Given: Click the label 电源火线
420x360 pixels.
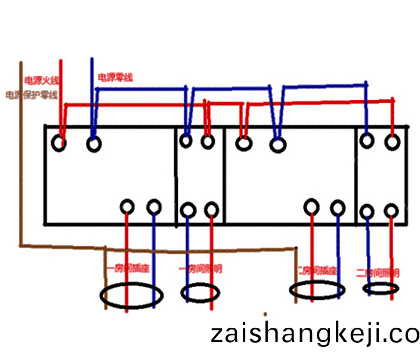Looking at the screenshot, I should [x=41, y=79].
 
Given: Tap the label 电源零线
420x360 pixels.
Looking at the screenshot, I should [x=115, y=78].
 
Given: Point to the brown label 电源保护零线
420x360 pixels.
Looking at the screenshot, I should [x=31, y=95].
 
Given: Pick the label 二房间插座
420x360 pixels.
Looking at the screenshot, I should [x=317, y=270].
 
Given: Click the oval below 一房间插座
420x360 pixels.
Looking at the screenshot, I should [x=131, y=296].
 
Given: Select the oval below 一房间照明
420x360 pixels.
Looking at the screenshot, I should [x=200, y=293].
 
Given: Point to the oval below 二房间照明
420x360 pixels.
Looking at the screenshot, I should [x=380, y=289].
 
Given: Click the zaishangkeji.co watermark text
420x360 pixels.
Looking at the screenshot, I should [x=314, y=334].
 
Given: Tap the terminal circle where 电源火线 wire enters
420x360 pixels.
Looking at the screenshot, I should [x=59, y=143].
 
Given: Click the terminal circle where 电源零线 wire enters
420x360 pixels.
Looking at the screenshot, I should [x=94, y=144].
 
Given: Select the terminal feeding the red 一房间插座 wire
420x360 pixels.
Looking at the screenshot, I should [x=127, y=207].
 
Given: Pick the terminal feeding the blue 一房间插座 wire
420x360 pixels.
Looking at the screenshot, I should [x=154, y=207].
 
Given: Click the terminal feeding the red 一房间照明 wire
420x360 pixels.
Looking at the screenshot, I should [x=211, y=210].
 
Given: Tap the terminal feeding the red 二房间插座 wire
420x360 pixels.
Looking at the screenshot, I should [x=311, y=207].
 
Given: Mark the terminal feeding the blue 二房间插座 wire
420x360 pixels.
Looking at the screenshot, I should [x=338, y=208].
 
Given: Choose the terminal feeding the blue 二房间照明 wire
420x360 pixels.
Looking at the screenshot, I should [x=367, y=211].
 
